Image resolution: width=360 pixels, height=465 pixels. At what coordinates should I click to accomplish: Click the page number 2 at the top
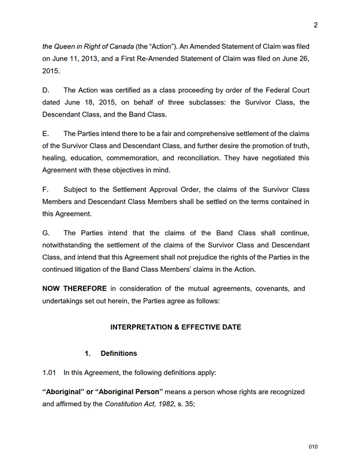[x=316, y=25]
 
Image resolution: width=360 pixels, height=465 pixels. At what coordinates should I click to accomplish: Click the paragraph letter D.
[x=46, y=90]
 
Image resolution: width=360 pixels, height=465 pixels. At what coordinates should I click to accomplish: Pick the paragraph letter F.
[x=46, y=189]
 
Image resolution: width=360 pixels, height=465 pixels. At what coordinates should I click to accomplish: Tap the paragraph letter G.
[x=46, y=232]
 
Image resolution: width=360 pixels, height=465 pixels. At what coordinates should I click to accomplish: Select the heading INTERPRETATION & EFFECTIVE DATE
[x=175, y=327]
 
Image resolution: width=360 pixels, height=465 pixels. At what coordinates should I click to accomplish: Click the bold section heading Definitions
[x=118, y=353]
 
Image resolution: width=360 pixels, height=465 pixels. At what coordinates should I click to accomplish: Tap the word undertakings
[x=66, y=301]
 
